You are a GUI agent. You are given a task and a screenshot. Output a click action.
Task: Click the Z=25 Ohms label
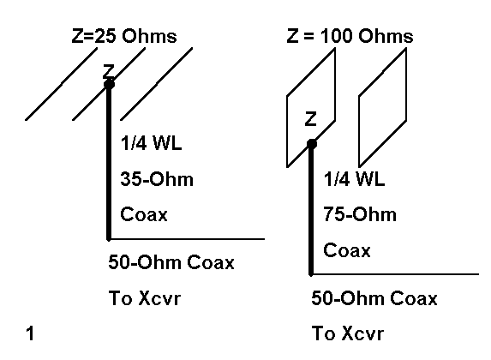pos(124,36)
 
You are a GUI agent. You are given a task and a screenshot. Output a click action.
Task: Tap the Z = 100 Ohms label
pos(350,36)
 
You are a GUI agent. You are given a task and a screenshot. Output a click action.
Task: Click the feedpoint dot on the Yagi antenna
pos(109,84)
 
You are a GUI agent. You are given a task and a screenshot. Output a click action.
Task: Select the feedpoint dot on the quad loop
pos(312,144)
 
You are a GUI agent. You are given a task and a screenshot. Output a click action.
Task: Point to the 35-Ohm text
pos(157,179)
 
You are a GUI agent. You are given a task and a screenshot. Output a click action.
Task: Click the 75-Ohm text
pos(360,214)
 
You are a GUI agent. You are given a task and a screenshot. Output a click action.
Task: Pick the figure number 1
pos(30,333)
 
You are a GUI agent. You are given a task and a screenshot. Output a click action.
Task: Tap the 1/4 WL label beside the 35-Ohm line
pos(151,143)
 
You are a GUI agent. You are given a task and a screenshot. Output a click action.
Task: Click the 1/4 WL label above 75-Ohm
pos(354,179)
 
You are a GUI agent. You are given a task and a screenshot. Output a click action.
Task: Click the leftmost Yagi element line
pos(61,84)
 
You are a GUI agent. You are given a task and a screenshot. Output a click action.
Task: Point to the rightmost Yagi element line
pos(157,84)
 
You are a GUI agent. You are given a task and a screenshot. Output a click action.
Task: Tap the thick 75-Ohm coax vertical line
pos(311,210)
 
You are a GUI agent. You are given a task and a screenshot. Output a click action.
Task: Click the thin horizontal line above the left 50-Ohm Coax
pos(188,239)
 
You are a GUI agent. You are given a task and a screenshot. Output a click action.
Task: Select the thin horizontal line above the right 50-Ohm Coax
pos(396,274)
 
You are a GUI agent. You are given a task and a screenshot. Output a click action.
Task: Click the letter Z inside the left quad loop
pos(311,119)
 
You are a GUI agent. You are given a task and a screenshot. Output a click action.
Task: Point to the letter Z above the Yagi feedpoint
pos(109,71)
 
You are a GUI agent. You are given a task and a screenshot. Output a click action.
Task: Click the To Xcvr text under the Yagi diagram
pos(145,298)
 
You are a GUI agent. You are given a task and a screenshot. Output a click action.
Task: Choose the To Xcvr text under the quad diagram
pos(348,333)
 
